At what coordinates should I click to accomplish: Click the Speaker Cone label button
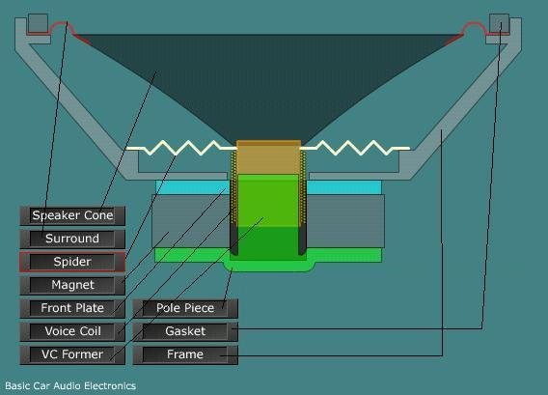[72, 215]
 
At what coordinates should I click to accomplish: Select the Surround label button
[72, 239]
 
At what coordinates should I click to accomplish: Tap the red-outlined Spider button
[72, 262]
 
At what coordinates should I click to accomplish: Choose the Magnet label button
[72, 285]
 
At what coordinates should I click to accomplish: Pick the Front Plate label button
[72, 308]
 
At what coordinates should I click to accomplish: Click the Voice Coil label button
[72, 331]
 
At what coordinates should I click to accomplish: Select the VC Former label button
[72, 354]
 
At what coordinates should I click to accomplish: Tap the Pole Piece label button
[185, 308]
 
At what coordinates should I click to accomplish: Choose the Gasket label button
[185, 331]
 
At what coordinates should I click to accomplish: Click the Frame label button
[185, 354]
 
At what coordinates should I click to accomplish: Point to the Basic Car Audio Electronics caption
[70, 386]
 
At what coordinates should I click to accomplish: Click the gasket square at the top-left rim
[38, 23]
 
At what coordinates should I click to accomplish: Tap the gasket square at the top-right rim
[499, 23]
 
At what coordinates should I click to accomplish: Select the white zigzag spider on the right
[355, 148]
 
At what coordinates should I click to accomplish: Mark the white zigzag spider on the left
[181, 148]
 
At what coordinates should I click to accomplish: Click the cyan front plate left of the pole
[192, 187]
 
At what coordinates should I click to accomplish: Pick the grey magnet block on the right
[345, 221]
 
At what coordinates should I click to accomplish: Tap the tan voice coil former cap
[268, 157]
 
